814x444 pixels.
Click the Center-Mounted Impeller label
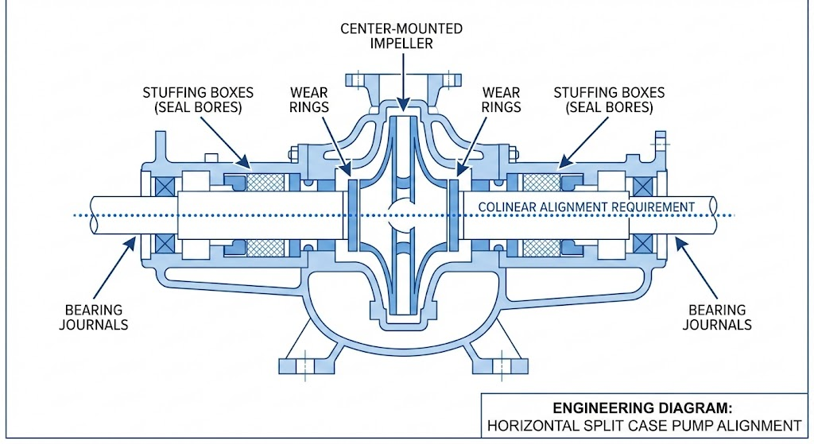click(401, 36)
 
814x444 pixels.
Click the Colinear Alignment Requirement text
click(586, 207)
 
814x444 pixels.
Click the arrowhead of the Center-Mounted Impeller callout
click(403, 106)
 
